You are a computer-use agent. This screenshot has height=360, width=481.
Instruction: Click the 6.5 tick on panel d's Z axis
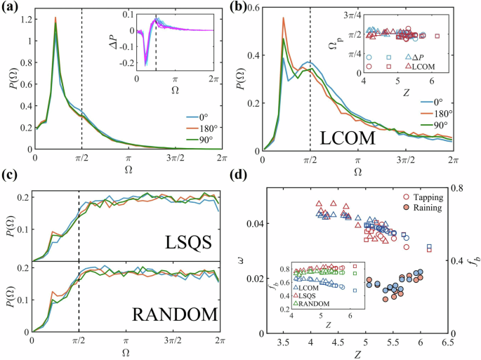(447, 344)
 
